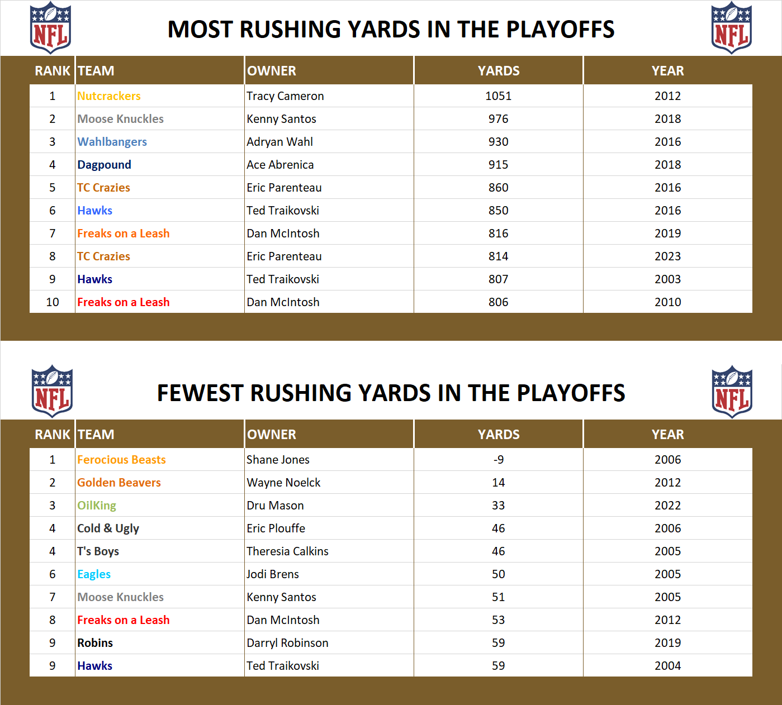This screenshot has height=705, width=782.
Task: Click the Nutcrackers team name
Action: click(x=109, y=96)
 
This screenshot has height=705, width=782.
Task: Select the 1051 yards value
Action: click(x=498, y=96)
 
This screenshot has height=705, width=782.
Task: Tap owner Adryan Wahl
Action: click(x=279, y=142)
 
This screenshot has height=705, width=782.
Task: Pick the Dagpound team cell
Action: click(x=105, y=165)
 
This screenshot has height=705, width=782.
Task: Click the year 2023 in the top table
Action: click(x=667, y=256)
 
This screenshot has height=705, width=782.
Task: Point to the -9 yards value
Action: click(x=498, y=460)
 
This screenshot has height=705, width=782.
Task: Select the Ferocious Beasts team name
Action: click(x=121, y=460)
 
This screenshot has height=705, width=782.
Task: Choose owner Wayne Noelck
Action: click(x=283, y=483)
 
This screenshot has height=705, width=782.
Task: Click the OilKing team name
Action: click(x=97, y=506)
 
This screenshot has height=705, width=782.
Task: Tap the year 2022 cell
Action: click(x=667, y=506)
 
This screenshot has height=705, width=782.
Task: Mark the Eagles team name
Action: click(x=94, y=574)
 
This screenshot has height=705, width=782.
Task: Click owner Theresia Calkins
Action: click(x=287, y=551)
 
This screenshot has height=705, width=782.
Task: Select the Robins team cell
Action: click(x=95, y=643)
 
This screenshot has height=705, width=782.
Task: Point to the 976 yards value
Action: click(x=498, y=119)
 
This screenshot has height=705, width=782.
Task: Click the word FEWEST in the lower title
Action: click(x=200, y=393)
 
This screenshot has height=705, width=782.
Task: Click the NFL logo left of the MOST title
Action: click(x=50, y=28)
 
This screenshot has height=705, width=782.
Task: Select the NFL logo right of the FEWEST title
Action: click(x=732, y=392)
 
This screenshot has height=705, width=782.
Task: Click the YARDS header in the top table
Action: click(x=498, y=71)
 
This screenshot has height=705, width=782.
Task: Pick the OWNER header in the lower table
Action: click(x=272, y=435)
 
